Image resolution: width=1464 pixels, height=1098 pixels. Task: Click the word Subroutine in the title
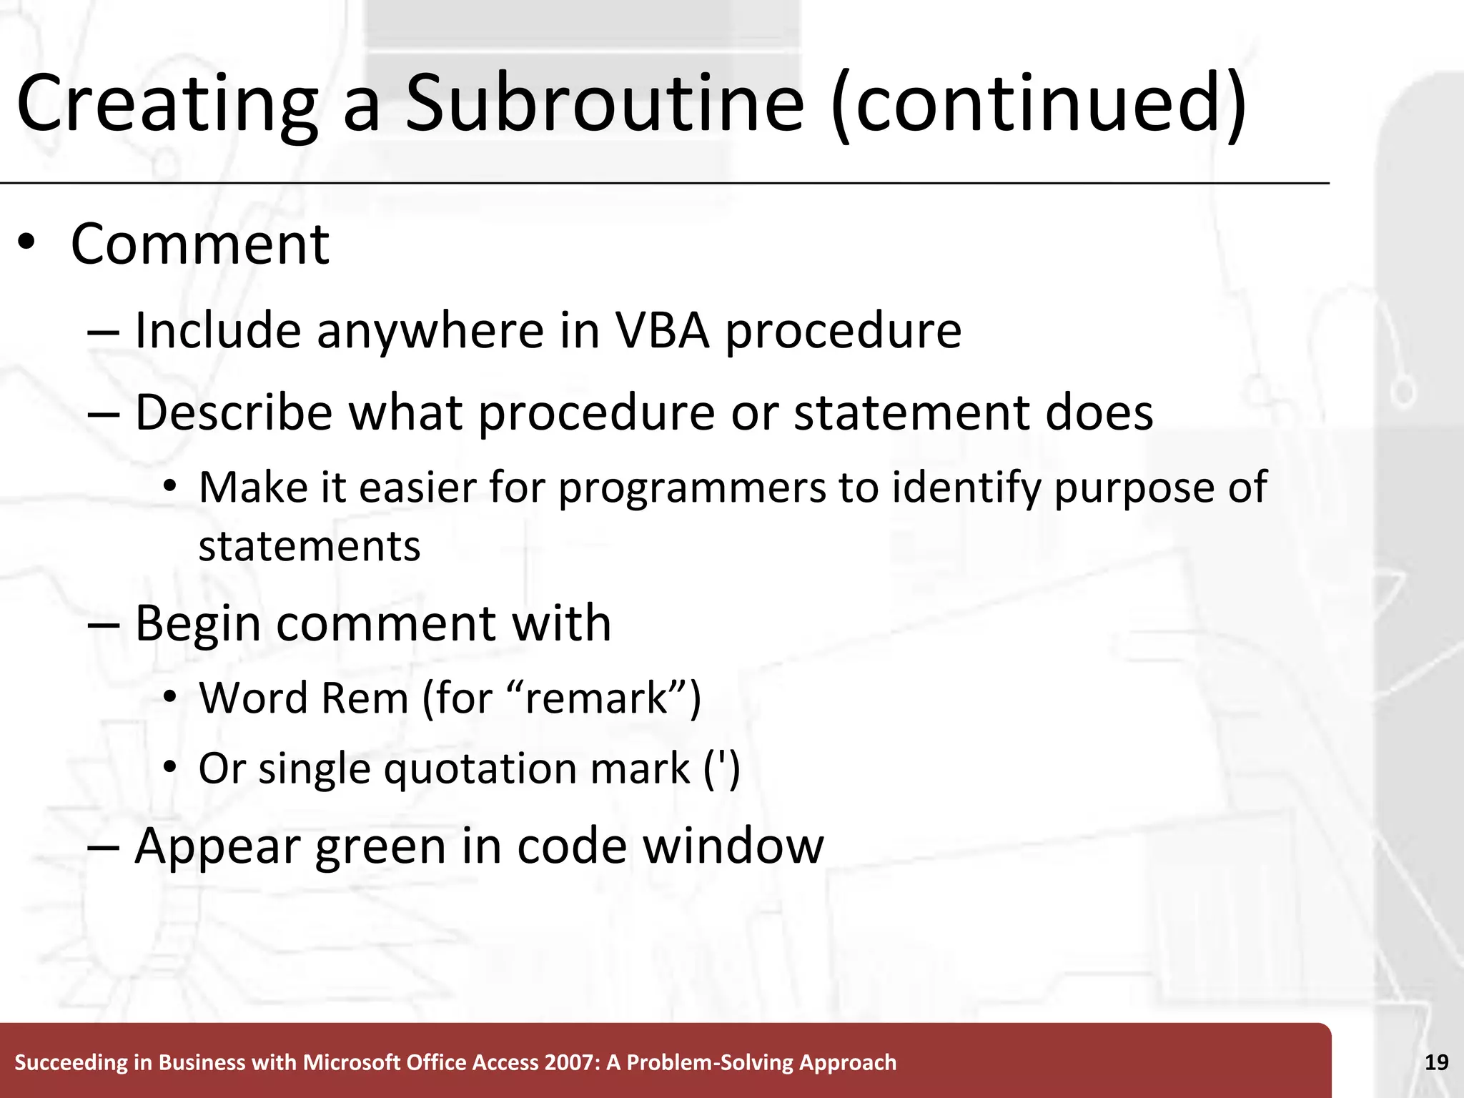tap(605, 104)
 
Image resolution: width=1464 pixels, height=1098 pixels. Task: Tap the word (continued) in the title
tap(1039, 104)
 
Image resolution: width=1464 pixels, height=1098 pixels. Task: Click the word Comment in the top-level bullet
tap(199, 244)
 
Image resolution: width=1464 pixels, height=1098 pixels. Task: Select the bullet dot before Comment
tap(26, 243)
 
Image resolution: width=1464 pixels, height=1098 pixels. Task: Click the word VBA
tap(663, 331)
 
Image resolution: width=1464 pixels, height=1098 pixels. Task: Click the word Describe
tap(234, 413)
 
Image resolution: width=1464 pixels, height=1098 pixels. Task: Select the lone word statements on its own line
tap(309, 547)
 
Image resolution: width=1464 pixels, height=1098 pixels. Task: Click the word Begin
tap(197, 624)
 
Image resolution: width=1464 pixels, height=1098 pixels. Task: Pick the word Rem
tap(365, 698)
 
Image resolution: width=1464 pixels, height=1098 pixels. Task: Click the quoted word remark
tap(596, 698)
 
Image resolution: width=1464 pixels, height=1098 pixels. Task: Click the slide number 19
tap(1436, 1062)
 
